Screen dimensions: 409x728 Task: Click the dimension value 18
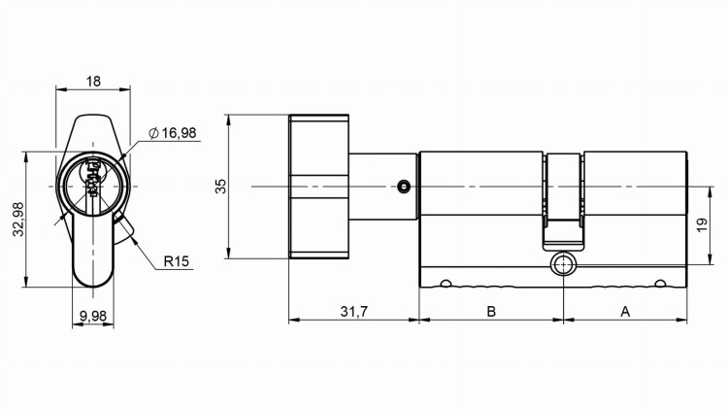[x=93, y=83]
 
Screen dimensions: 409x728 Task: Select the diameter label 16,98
[x=179, y=132]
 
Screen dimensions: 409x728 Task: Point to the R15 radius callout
[x=176, y=261]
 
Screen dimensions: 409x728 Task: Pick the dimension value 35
[x=220, y=186]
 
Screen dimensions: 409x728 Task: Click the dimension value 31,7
[x=353, y=311]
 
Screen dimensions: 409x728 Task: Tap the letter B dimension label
[x=491, y=311]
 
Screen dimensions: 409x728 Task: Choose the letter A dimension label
[x=625, y=311]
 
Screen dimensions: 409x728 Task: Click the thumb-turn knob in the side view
[x=318, y=187]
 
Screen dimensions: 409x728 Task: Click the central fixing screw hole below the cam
[x=563, y=266]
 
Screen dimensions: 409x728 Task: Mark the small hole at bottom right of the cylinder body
[x=661, y=284]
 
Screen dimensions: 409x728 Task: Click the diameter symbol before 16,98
[x=154, y=132]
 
